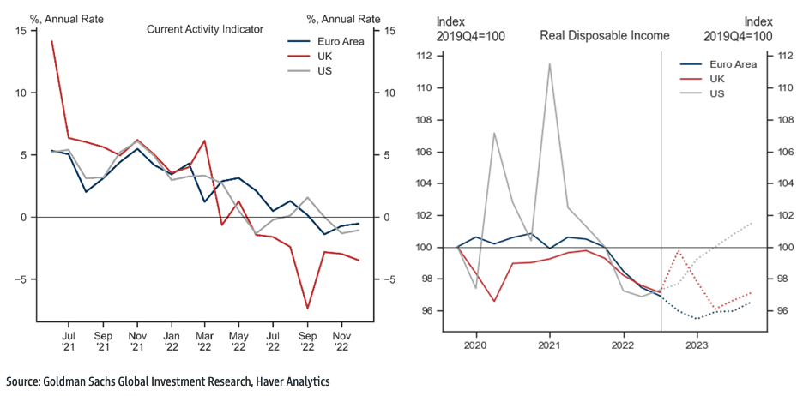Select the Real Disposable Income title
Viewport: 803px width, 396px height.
(604, 36)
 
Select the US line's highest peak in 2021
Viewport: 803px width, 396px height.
(549, 63)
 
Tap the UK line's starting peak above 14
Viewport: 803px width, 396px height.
(51, 41)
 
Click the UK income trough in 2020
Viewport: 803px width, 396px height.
(494, 301)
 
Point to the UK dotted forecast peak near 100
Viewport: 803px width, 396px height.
(679, 250)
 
